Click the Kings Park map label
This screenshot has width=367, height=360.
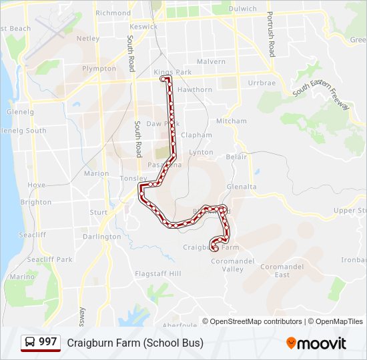tap(172, 72)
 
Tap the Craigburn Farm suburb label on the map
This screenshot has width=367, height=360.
tap(211, 247)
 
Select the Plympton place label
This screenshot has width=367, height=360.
tap(99, 69)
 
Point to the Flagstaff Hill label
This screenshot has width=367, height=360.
tap(157, 273)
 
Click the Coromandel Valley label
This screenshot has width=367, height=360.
tap(228, 265)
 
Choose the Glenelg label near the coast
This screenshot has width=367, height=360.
tap(20, 112)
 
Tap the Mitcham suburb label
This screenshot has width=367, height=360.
tap(231, 121)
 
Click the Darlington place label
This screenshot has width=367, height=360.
tap(101, 237)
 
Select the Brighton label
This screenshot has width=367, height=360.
tap(35, 202)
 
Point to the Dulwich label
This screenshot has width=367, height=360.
tap(242, 9)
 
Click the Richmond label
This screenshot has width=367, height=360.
tap(113, 13)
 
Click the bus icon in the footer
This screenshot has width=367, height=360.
tap(30, 343)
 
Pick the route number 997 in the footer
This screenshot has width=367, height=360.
tap(48, 342)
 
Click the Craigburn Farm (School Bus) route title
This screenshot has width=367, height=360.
tap(135, 343)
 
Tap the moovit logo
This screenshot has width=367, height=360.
tap(316, 343)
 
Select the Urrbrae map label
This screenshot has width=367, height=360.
tap(262, 83)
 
